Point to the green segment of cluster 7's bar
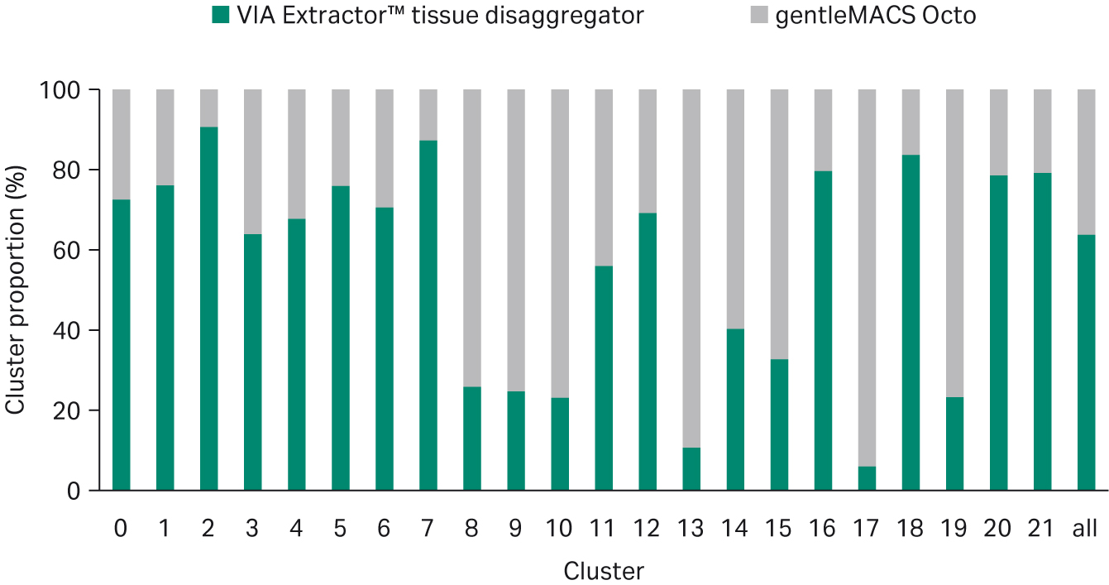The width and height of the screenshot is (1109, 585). (428, 315)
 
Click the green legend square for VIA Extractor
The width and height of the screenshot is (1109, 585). (221, 15)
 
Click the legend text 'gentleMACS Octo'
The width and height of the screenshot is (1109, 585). (875, 16)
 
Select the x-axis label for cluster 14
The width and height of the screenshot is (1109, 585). (735, 529)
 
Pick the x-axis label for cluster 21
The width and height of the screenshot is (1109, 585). (1041, 529)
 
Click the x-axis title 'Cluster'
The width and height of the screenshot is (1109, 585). (603, 570)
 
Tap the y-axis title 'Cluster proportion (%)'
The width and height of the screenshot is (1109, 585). (17, 290)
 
